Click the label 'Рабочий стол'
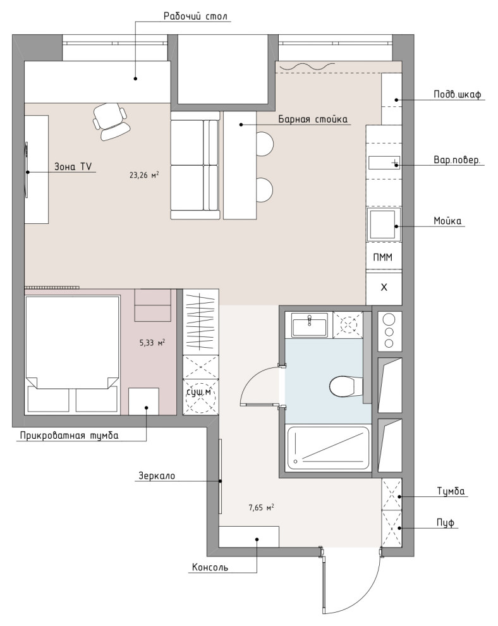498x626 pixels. (195, 16)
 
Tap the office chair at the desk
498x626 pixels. (110, 121)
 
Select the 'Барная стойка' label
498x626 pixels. (313, 119)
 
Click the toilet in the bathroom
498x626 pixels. (343, 386)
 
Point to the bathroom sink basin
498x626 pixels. (310, 324)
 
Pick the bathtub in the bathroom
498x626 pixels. (328, 448)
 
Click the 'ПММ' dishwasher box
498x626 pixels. (384, 257)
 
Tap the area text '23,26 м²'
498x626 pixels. (144, 175)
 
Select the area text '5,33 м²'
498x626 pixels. (152, 342)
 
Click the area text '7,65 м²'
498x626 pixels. (262, 507)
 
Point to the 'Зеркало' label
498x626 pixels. (157, 476)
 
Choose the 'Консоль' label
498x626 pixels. (210, 567)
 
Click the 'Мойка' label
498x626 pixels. (447, 221)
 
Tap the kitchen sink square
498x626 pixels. (384, 224)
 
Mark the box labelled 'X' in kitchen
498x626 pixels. (384, 288)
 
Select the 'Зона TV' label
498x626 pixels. (73, 166)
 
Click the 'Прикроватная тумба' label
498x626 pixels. (69, 435)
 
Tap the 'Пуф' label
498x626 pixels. (446, 522)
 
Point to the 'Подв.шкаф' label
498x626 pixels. (458, 95)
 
